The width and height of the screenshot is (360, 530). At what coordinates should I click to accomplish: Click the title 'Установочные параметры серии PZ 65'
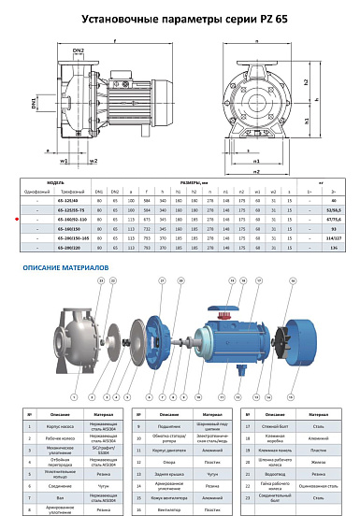(180, 18)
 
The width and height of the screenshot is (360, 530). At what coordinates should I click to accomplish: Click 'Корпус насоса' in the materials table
(55, 425)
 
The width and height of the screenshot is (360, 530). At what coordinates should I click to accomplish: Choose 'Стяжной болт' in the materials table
(273, 425)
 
